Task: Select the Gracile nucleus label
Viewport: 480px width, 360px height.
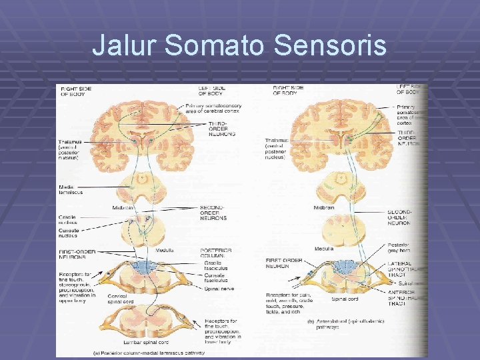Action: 69,218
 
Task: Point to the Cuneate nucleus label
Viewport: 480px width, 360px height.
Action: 69,233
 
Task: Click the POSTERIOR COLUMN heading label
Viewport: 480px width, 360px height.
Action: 216,253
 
